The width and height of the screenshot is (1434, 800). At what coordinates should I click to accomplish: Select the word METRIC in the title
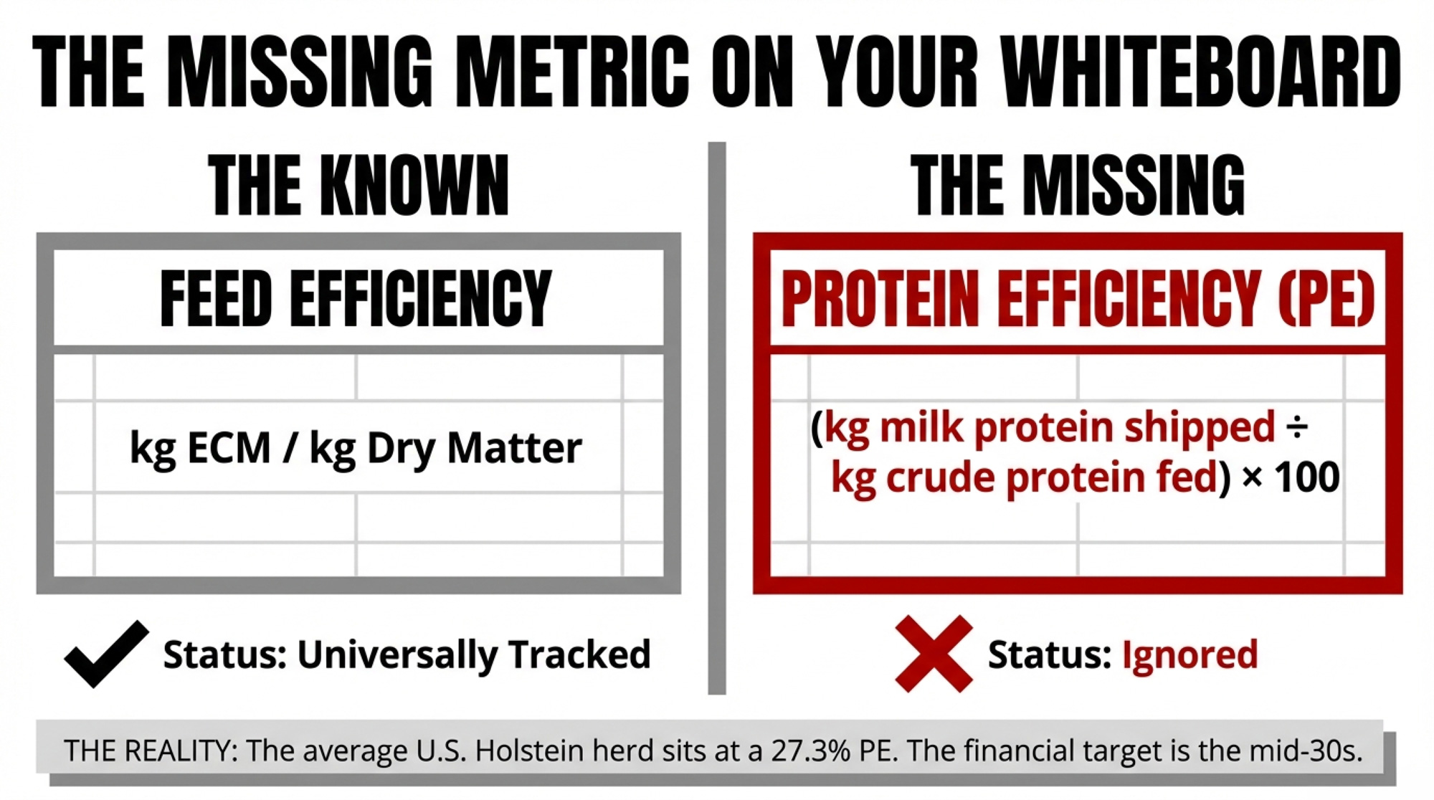572,72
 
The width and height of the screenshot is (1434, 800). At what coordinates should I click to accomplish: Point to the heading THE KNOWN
358,186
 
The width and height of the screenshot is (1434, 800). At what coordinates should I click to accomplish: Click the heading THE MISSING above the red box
1078,186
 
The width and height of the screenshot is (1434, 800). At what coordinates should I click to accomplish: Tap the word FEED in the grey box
216,298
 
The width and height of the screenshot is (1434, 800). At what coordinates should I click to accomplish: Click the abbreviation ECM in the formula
229,449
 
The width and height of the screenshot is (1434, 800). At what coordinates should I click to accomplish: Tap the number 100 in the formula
1307,478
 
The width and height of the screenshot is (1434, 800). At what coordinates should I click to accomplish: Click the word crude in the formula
939,477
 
